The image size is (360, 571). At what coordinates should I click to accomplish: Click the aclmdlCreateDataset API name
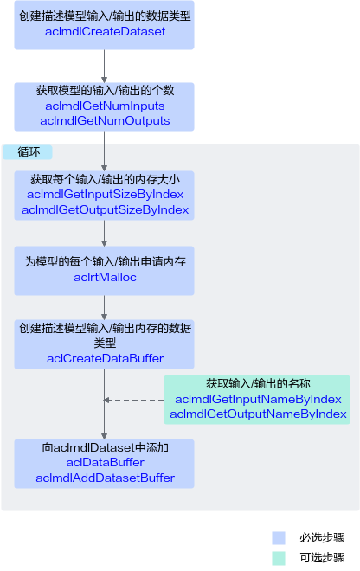(105, 32)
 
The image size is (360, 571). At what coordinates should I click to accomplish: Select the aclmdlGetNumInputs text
(105, 106)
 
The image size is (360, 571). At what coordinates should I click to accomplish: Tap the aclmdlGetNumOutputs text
(105, 120)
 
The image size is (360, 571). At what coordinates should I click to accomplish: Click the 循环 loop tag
(29, 152)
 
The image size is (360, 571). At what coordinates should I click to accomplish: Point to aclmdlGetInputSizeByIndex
(105, 194)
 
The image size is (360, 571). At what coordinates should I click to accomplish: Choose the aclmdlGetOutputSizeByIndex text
(105, 209)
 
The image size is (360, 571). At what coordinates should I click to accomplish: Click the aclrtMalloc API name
(105, 277)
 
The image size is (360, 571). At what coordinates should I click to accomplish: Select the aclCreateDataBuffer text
(105, 358)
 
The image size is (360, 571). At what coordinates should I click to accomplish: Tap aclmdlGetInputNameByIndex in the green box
(258, 399)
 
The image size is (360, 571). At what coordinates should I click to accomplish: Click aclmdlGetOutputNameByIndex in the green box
(258, 414)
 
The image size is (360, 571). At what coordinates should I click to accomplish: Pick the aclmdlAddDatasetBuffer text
(105, 478)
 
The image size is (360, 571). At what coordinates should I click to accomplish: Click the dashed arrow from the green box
(134, 401)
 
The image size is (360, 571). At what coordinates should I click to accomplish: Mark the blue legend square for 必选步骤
(279, 538)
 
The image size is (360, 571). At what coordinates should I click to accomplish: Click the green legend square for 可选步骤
(279, 558)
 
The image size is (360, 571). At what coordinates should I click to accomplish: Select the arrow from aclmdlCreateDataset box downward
(104, 66)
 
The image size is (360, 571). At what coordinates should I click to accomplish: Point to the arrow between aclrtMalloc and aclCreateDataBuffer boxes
(104, 307)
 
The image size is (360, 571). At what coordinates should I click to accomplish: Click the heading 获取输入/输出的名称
(258, 383)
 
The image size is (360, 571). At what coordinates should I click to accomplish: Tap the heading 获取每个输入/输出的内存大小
(105, 179)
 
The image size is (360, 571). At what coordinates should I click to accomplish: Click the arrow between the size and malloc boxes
(104, 233)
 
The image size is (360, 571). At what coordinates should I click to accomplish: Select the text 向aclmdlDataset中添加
(105, 447)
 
